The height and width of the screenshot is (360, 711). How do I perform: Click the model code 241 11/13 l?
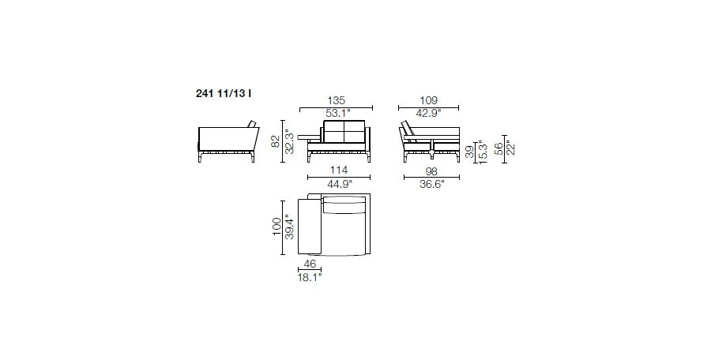click(x=224, y=94)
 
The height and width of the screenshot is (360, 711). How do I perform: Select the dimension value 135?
click(x=336, y=100)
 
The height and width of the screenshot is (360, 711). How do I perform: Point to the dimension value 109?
click(x=428, y=100)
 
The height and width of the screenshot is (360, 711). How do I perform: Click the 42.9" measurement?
click(x=428, y=114)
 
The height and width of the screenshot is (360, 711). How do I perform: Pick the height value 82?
click(x=275, y=141)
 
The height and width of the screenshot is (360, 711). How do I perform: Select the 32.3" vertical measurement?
click(x=290, y=141)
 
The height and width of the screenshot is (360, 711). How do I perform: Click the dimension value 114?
click(x=339, y=170)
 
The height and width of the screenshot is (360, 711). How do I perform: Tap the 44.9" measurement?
click(x=340, y=183)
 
